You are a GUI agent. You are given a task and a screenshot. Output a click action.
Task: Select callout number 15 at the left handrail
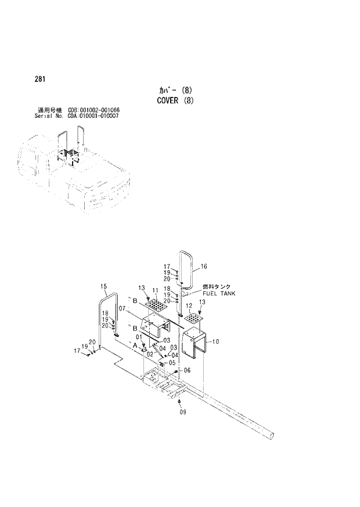[x=104, y=286]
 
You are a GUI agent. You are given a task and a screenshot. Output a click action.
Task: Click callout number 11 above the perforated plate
[x=155, y=290]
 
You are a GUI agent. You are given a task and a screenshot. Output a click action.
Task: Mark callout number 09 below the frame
[x=182, y=412]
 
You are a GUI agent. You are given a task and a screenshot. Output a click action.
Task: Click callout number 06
[x=187, y=370]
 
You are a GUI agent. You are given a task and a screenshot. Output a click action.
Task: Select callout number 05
[x=171, y=362]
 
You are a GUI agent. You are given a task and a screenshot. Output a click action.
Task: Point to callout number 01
[x=139, y=337]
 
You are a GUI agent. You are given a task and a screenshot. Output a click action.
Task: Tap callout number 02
[x=149, y=354]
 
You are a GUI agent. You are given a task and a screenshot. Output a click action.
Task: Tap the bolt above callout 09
[x=180, y=402]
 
